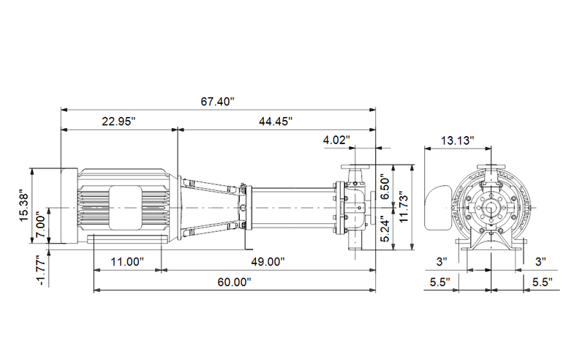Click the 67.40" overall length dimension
pyautogui.click(x=217, y=102)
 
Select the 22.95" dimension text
pyautogui.click(x=118, y=121)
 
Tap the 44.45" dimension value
pyautogui.click(x=276, y=121)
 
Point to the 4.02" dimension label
pyautogui.click(x=336, y=140)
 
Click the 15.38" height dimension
pyautogui.click(x=24, y=208)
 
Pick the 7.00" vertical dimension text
pyautogui.click(x=41, y=225)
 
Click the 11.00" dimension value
pyautogui.click(x=127, y=262)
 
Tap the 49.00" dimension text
pyautogui.click(x=268, y=262)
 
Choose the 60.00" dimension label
pyautogui.click(x=234, y=282)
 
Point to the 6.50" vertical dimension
pyautogui.click(x=385, y=188)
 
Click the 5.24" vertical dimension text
pyautogui.click(x=385, y=229)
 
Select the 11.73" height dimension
pyautogui.click(x=404, y=208)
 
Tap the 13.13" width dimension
pyautogui.click(x=458, y=140)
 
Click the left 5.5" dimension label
pyautogui.click(x=440, y=282)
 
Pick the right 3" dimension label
pyautogui.click(x=540, y=262)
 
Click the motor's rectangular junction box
pyautogui.click(x=125, y=208)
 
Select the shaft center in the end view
pyautogui.click(x=491, y=208)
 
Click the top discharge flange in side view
pyautogui.click(x=355, y=167)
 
